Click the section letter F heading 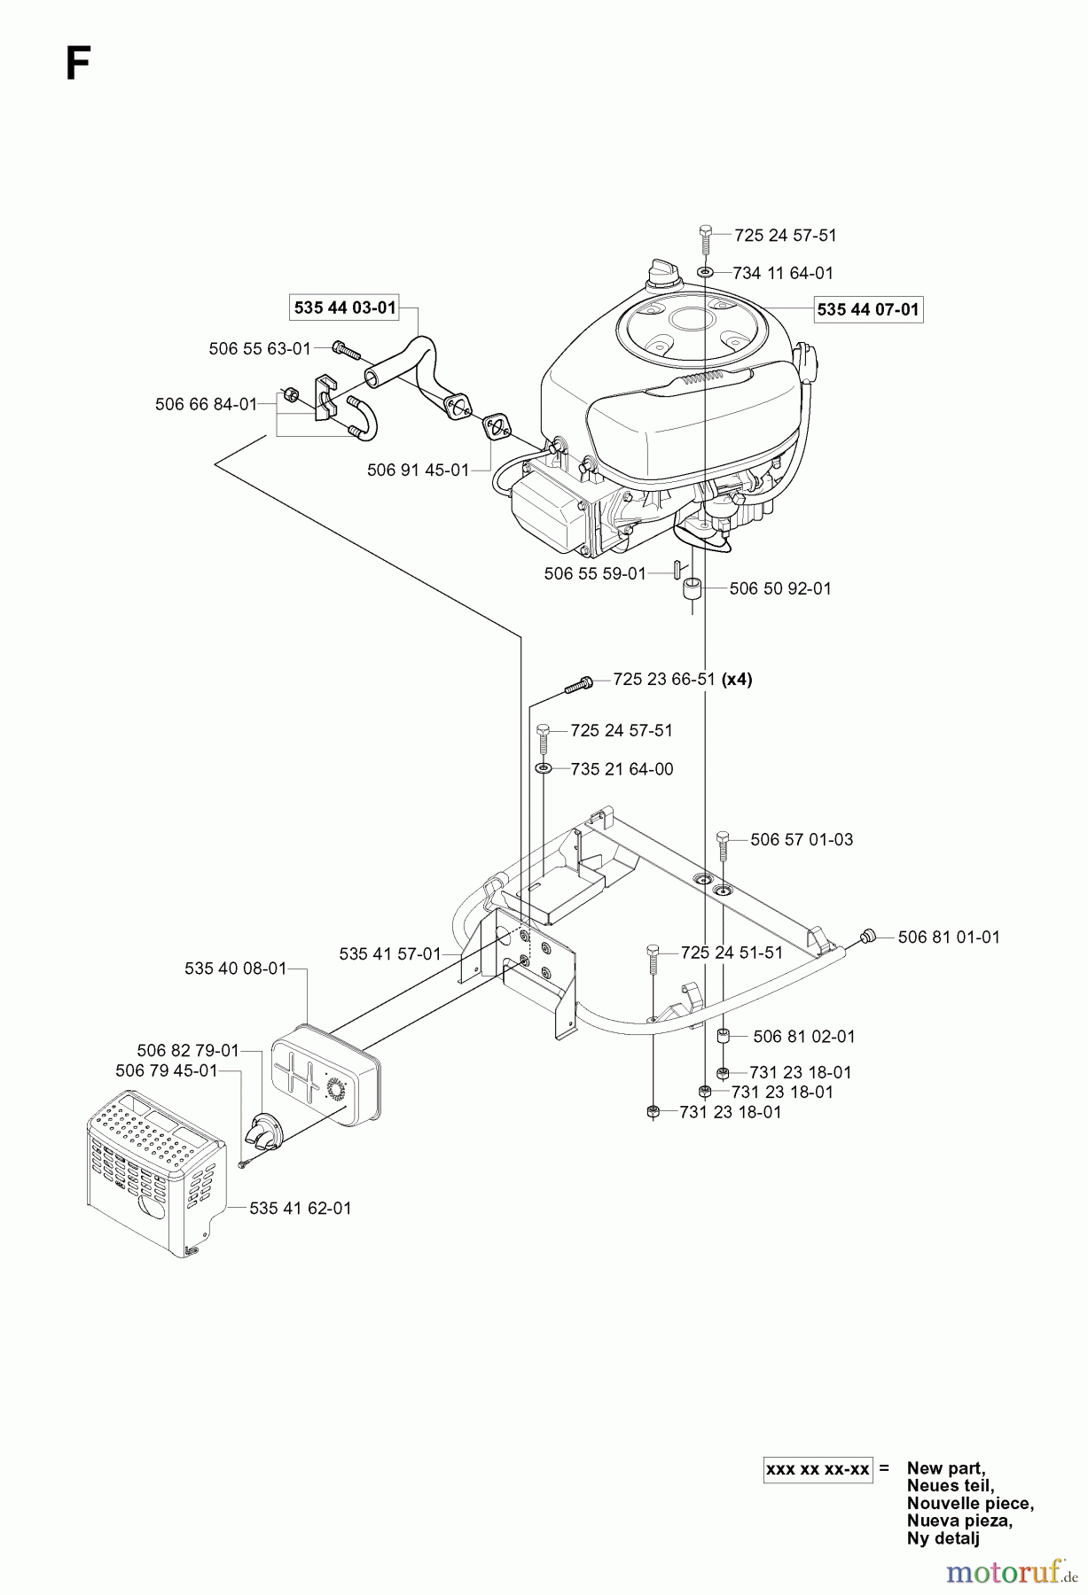click(78, 65)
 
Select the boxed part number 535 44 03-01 click(345, 307)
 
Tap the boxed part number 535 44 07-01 click(868, 309)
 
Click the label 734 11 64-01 click(783, 273)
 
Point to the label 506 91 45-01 click(418, 470)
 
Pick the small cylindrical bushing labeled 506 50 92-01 click(693, 590)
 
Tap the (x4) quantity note click(737, 680)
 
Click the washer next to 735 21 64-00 click(544, 768)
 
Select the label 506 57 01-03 click(802, 839)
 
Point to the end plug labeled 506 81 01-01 click(869, 935)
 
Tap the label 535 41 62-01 click(301, 1208)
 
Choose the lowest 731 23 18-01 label click(731, 1112)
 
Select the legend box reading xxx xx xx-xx click(818, 1468)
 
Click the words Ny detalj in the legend click(943, 1538)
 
